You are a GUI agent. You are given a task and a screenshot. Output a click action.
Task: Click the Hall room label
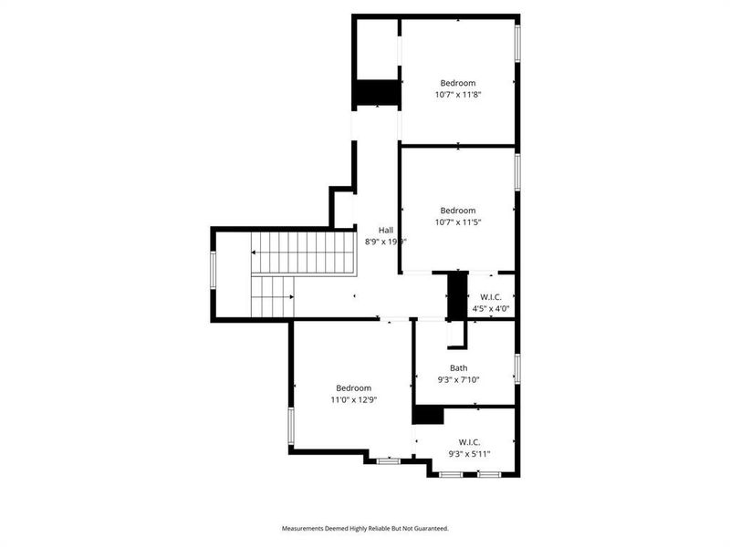[x=387, y=230]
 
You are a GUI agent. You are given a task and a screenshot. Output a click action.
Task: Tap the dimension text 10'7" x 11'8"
[x=458, y=93]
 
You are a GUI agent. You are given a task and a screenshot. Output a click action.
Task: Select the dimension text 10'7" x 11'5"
[x=458, y=222]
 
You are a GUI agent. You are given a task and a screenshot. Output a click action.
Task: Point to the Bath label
[x=458, y=368]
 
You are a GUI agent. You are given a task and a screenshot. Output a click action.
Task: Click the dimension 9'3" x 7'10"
[x=458, y=380]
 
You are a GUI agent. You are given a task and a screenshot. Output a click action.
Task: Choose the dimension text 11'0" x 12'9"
[x=353, y=399]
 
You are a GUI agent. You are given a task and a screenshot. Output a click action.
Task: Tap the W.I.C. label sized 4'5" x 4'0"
[x=491, y=296]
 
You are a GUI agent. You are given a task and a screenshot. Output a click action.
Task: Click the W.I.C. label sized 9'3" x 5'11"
[x=470, y=441]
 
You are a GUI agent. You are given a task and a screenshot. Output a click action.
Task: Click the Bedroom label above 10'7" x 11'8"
[x=458, y=81]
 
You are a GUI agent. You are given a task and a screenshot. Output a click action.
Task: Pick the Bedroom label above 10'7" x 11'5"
[x=458, y=211]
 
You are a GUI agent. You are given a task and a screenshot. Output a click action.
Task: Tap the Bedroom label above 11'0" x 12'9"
[x=353, y=387]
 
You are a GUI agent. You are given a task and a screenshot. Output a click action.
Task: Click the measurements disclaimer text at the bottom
[x=365, y=528]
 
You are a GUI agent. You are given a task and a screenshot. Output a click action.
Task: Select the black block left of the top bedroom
[x=377, y=93]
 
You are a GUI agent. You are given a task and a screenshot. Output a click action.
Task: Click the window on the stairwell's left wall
[x=214, y=271]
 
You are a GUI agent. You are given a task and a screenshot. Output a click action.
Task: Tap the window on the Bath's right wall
[x=516, y=368]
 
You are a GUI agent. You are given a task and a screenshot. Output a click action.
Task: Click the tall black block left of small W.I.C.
[x=457, y=295]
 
